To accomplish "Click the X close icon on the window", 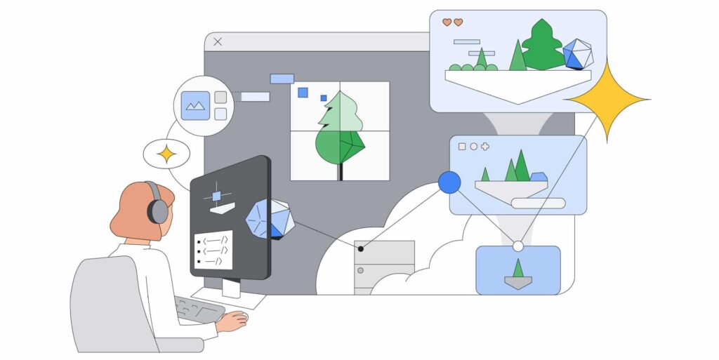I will tap(218, 42).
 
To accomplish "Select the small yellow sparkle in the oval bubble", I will tap(166, 154).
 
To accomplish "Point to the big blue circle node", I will tap(449, 182).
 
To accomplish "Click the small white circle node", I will tap(518, 246).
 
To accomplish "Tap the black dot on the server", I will tap(361, 248).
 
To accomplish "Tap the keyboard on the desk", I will tap(198, 309).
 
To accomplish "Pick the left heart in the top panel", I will tap(447, 22).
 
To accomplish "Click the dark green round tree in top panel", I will tap(543, 46).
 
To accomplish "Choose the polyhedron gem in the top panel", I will tap(577, 54).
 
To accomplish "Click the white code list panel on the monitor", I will tap(213, 249).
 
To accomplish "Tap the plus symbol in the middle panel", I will tap(485, 147).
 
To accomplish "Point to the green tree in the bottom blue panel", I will tap(518, 268).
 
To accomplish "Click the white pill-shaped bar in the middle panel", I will tap(538, 203).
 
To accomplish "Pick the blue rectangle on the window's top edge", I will tap(282, 79).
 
